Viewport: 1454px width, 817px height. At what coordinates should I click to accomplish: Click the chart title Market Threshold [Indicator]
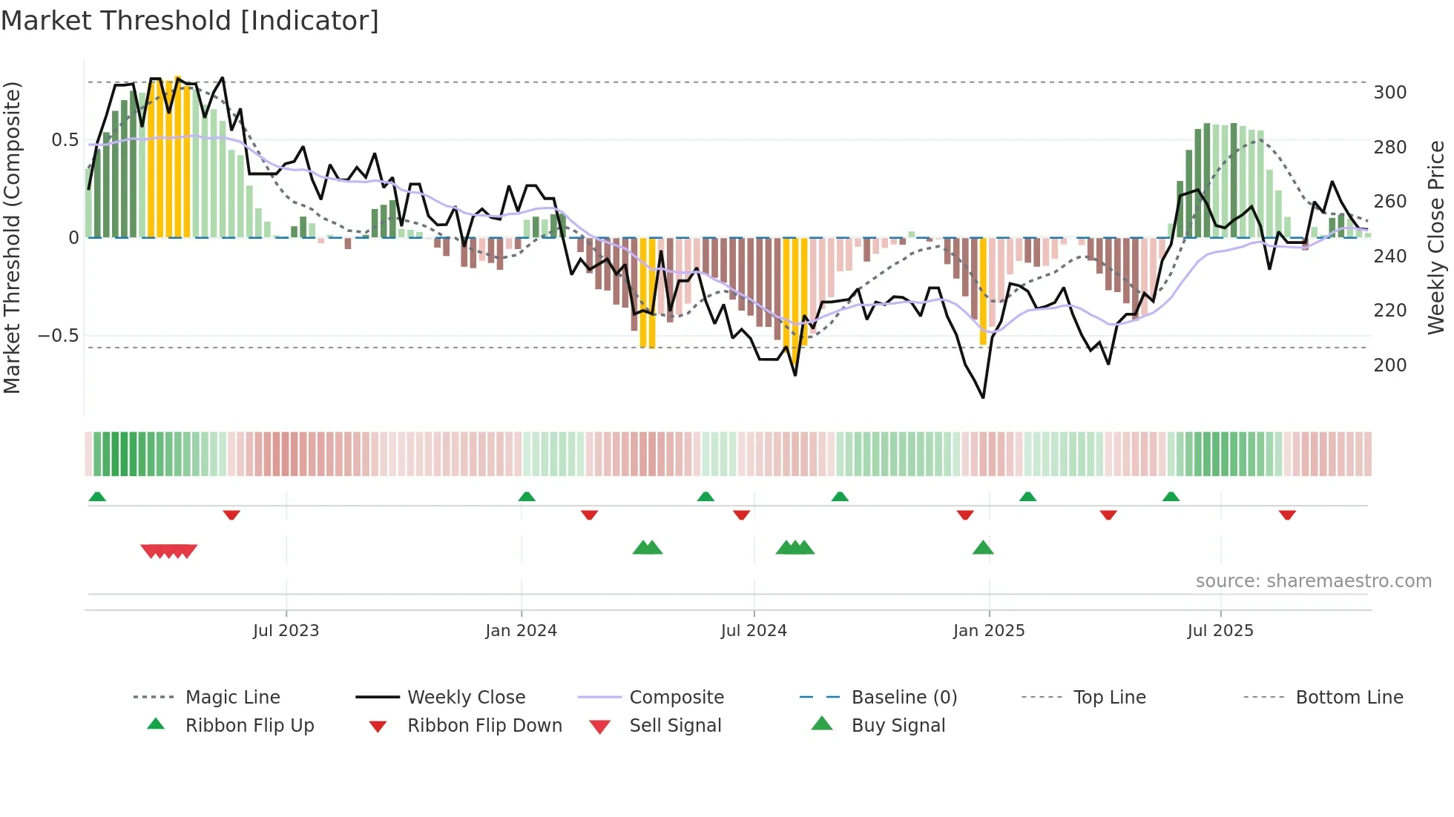(190, 21)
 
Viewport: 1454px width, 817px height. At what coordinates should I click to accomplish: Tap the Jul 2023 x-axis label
(286, 631)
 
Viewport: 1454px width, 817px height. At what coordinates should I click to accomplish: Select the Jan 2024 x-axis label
(521, 631)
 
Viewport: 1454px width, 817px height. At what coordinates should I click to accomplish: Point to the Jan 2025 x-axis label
(989, 631)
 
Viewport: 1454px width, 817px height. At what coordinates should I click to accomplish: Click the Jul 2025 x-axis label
(1220, 631)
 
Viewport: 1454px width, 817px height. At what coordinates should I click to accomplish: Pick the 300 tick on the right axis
(1389, 93)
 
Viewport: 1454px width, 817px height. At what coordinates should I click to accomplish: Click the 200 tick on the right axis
(1389, 365)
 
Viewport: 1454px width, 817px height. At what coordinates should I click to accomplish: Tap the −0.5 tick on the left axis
(58, 336)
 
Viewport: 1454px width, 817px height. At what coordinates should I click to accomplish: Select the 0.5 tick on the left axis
(65, 140)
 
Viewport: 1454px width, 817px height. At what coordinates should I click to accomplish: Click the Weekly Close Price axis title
(1436, 237)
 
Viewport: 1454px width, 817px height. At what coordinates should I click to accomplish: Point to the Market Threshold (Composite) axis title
(12, 237)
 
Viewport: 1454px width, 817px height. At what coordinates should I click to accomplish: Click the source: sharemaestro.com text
(1313, 581)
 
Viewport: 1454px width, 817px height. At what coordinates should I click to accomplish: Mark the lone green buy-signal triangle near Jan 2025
(983, 548)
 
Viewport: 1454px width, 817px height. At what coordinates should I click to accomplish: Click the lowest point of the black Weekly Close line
(983, 397)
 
